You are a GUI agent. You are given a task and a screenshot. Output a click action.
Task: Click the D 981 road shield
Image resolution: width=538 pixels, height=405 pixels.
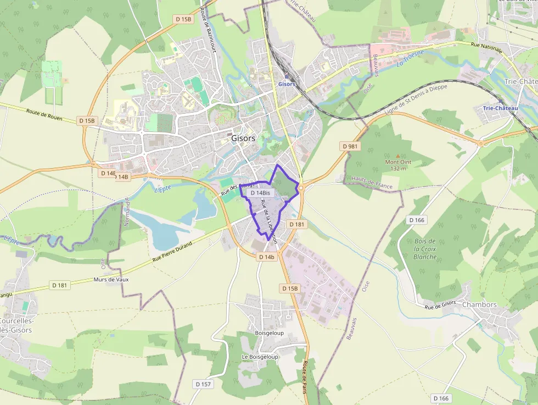coord(350,146)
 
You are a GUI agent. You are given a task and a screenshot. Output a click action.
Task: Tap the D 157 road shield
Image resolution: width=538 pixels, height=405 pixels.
coord(203,384)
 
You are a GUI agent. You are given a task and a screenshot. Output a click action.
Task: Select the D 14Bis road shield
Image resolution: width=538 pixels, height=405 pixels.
coord(260,193)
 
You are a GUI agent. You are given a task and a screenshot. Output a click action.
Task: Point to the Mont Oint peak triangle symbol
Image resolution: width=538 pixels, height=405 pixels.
coord(398,156)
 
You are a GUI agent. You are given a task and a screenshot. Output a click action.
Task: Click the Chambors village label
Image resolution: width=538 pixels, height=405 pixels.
coord(479,304)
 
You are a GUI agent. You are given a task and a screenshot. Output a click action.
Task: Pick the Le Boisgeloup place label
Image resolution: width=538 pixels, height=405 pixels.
coord(260,357)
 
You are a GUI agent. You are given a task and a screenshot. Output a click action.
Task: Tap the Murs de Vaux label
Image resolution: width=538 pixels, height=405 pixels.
coord(111,279)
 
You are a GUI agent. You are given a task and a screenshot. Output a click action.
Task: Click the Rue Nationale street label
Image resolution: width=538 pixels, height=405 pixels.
coord(487,48)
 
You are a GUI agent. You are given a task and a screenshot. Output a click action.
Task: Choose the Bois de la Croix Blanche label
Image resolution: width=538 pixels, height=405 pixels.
coord(425,249)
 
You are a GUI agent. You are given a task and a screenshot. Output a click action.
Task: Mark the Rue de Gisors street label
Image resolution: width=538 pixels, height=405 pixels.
coord(440,304)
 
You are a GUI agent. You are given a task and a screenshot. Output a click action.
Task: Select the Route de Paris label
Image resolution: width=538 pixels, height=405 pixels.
coord(304,377)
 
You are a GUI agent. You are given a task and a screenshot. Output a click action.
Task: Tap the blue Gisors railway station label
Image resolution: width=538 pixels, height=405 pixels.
coord(287,84)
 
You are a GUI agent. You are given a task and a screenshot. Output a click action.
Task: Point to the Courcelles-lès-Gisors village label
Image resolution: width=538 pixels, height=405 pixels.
coord(16,325)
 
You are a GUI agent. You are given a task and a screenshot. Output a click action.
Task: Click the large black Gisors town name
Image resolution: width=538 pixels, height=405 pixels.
coord(243,138)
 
